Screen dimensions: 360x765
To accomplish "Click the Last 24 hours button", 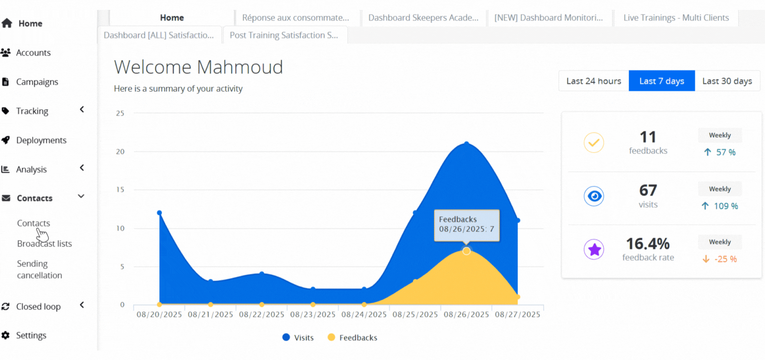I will point(594,81).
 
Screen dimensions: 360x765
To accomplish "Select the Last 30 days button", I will point(727,81).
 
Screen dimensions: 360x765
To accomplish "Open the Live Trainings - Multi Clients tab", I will point(676,18).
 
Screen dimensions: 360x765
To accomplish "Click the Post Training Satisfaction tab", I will point(284,35).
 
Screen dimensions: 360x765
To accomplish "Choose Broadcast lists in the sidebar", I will point(45,243).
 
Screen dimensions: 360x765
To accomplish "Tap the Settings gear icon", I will point(6,335).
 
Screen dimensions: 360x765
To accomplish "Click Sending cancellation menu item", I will point(40,270).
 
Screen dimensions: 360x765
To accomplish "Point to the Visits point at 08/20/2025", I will point(159,213).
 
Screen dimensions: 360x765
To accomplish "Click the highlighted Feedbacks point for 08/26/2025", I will point(466,251).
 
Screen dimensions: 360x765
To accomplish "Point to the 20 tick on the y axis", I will point(120,152).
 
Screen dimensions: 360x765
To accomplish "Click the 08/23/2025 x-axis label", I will point(313,315).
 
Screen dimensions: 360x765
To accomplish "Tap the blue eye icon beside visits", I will point(594,196).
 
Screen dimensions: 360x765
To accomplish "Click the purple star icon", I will point(594,249).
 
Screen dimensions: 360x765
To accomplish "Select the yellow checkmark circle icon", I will point(594,143).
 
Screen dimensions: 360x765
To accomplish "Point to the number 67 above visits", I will point(648,190).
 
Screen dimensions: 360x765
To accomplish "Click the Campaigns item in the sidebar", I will point(37,82).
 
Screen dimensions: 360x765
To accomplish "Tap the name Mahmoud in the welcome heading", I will point(240,67).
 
